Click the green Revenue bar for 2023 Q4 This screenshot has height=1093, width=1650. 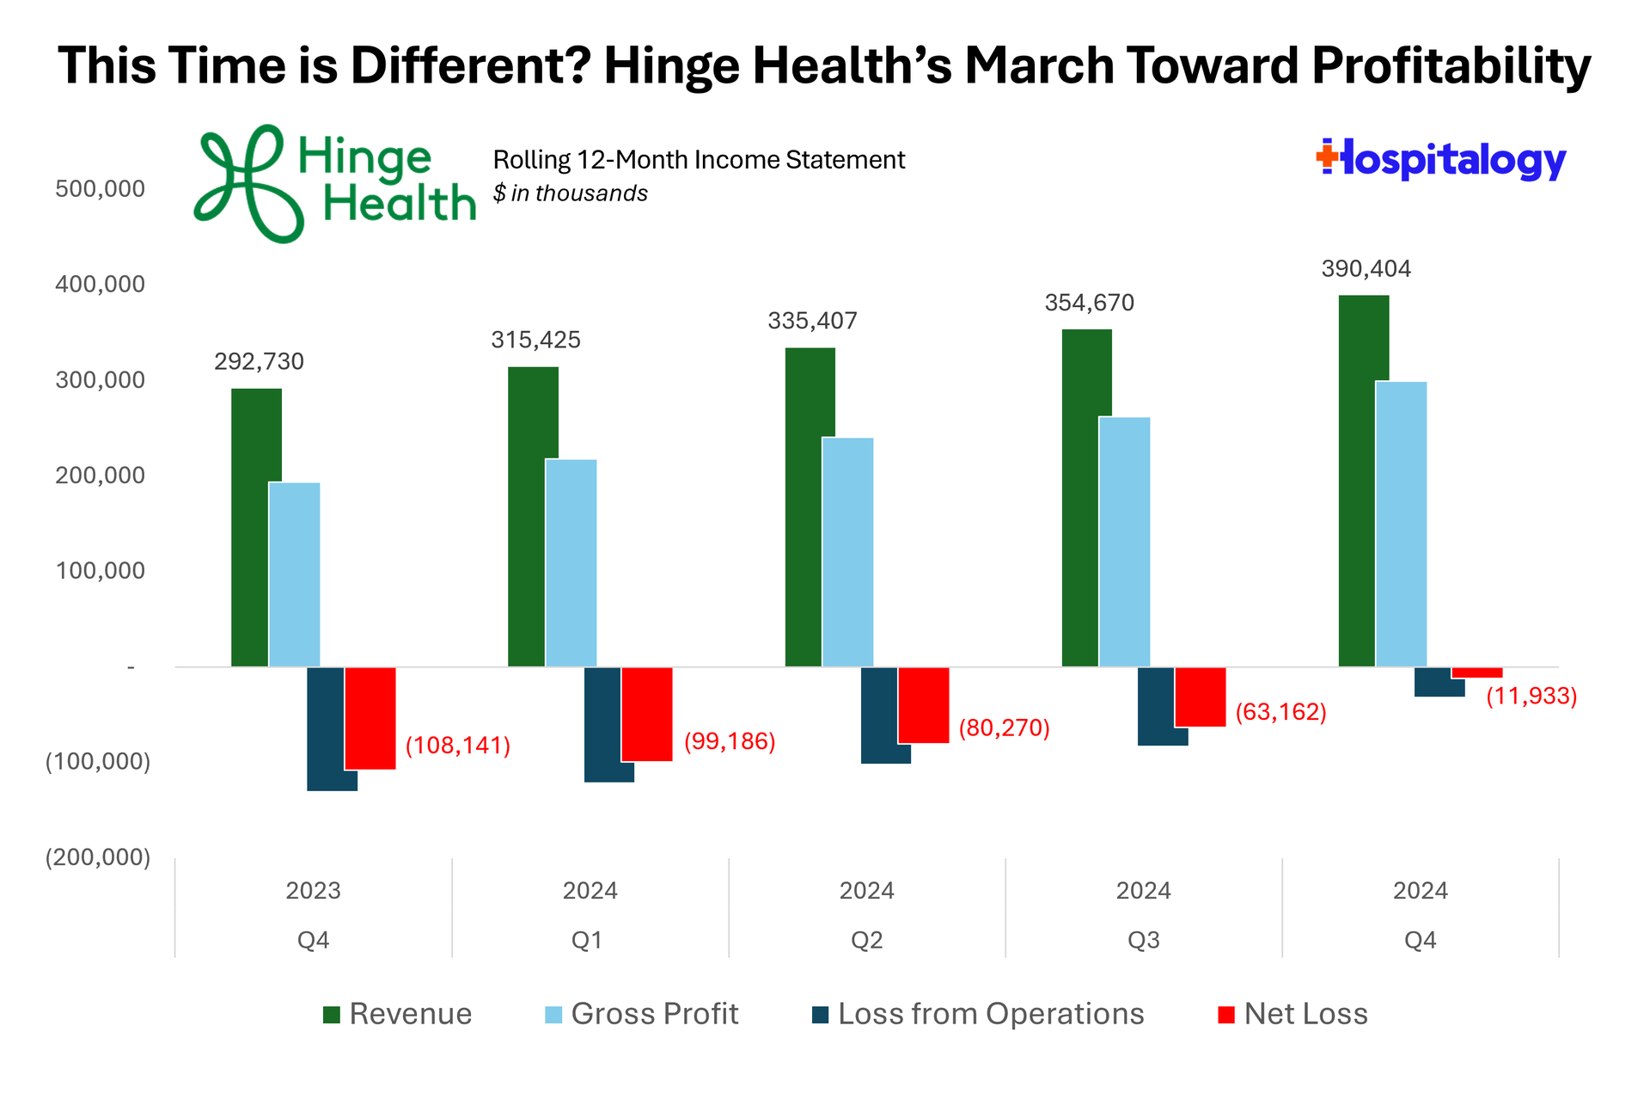[x=256, y=527]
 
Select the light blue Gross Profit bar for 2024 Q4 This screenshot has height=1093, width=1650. [x=1401, y=524]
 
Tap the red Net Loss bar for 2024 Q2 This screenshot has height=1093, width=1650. [x=924, y=705]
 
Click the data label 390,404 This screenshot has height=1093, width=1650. [x=1366, y=269]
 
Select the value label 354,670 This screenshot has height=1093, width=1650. [x=1089, y=303]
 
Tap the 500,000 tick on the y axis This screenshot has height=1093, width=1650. [x=101, y=188]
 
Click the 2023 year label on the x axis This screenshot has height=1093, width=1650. [x=313, y=890]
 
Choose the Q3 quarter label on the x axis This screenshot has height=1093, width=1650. [x=1143, y=940]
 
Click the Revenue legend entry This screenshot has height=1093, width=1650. [x=397, y=1014]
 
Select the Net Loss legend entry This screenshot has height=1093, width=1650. [x=1292, y=1014]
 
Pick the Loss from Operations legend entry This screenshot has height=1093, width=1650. [x=978, y=1014]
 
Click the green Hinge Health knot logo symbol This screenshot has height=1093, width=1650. [x=246, y=183]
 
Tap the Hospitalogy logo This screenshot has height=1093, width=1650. [x=1441, y=160]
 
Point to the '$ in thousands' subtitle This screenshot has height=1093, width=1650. [x=570, y=193]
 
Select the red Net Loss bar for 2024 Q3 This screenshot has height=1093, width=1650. [x=1201, y=697]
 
